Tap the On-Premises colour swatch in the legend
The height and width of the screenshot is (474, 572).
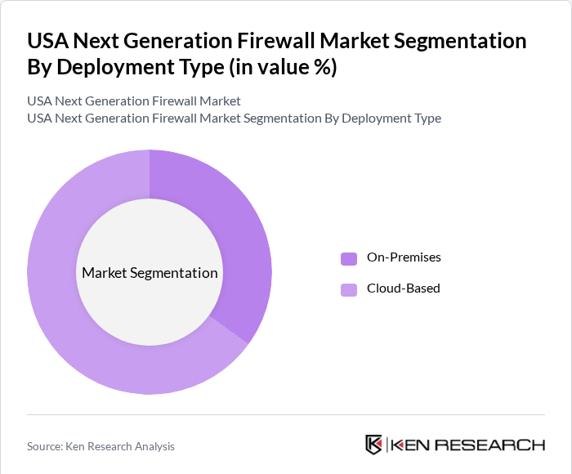[x=349, y=258]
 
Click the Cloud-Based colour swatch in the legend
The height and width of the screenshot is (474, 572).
[x=349, y=289]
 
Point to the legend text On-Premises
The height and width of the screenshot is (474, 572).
[x=404, y=257]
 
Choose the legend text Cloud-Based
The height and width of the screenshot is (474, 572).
[x=404, y=288]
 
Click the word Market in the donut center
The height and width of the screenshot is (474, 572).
[x=104, y=273]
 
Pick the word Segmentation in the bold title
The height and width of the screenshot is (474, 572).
[x=463, y=41]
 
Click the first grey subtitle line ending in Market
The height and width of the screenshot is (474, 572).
[x=134, y=101]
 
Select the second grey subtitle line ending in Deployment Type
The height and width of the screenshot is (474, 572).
[x=234, y=118]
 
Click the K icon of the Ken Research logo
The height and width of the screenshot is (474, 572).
[x=373, y=445]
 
